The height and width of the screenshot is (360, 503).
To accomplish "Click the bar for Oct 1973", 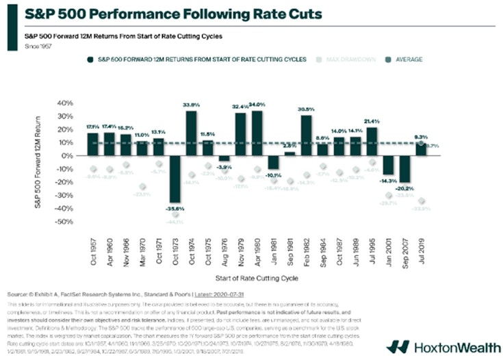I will [x=175, y=179].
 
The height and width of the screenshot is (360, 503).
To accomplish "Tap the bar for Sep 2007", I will [x=405, y=169].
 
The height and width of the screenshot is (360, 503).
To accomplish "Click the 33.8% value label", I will [x=192, y=105].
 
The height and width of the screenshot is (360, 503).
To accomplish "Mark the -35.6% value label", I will [x=176, y=208].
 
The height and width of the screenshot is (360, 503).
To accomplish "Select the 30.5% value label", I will [x=306, y=110].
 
